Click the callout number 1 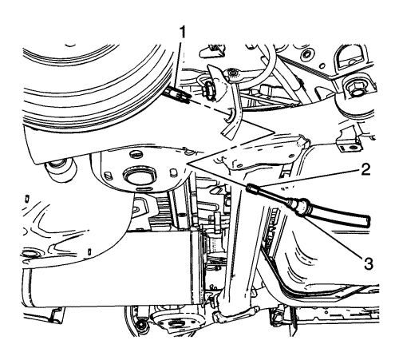pyautogui.click(x=182, y=33)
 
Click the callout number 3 pyautogui.click(x=368, y=263)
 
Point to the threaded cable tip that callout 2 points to pyautogui.click(x=251, y=188)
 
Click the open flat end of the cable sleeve pyautogui.click(x=365, y=221)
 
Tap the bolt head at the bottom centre pyautogui.click(x=140, y=325)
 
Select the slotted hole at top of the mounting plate pyautogui.click(x=135, y=153)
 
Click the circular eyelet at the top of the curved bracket pyautogui.click(x=234, y=73)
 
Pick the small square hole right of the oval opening pyautogui.click(x=172, y=172)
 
